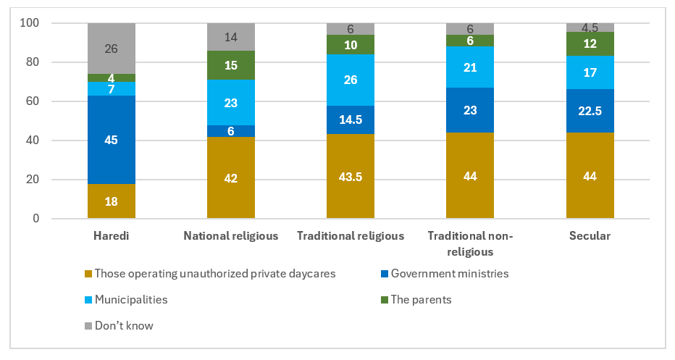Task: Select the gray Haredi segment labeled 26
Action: [x=112, y=49]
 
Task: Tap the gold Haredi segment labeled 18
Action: [x=112, y=201]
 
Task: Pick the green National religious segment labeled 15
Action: [x=231, y=65]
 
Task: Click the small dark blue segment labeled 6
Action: [x=231, y=131]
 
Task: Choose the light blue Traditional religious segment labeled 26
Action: [x=351, y=80]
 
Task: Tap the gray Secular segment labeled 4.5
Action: [x=590, y=28]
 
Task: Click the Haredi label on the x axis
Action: [x=112, y=235]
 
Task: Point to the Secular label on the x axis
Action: [x=590, y=235]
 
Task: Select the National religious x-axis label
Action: [x=231, y=235]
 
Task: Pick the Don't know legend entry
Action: [x=124, y=325]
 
